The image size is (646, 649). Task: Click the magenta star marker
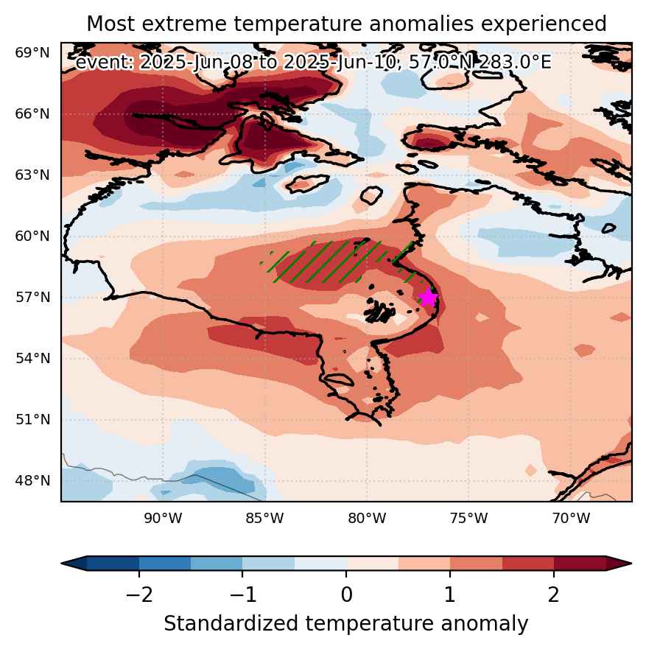tap(428, 297)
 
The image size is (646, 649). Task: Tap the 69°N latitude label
tap(32, 53)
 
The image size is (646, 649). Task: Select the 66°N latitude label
tap(32, 114)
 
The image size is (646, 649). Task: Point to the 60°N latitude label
tap(32, 236)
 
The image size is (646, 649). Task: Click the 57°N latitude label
tap(32, 297)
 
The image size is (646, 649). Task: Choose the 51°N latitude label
tap(32, 420)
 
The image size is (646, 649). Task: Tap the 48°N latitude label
tap(32, 480)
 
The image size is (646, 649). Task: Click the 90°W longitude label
tap(163, 518)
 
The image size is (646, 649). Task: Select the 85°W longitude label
tap(265, 518)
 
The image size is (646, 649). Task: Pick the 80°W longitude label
tap(367, 518)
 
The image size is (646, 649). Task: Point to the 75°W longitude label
tap(469, 518)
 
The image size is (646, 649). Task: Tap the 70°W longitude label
tap(571, 518)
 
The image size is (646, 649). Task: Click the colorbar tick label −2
tap(139, 594)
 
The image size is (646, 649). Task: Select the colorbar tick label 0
tap(347, 594)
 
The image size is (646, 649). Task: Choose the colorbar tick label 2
tap(554, 594)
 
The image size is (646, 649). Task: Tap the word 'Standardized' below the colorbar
tap(231, 624)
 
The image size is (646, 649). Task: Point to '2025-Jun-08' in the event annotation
tap(196, 63)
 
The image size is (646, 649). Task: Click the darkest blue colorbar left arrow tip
tap(62, 564)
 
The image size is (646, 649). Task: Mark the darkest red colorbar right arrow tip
tap(631, 564)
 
